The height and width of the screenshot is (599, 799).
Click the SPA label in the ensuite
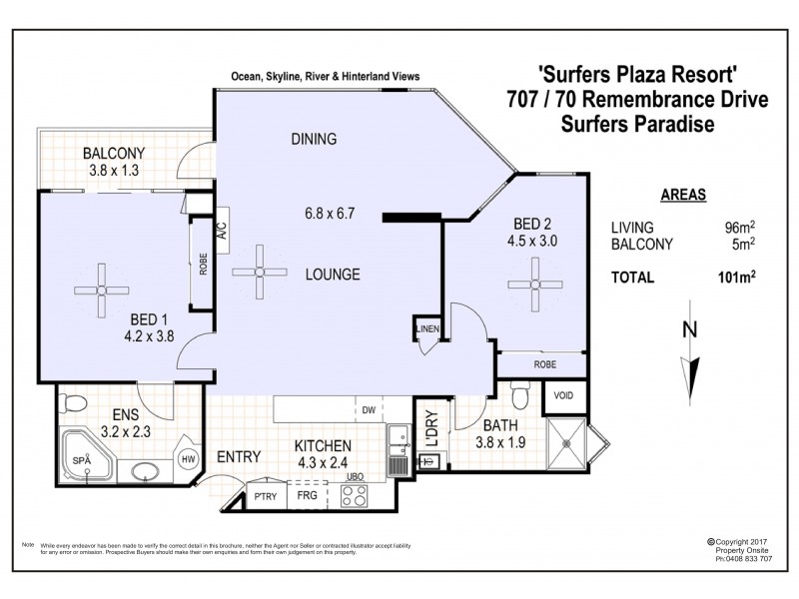tap(82, 459)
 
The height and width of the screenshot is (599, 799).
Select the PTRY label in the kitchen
tap(266, 494)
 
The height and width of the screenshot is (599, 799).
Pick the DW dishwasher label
tap(368, 408)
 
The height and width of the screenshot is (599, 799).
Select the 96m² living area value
tap(739, 228)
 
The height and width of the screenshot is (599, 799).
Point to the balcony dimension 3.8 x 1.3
tap(114, 170)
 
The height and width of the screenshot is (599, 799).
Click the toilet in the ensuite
tap(70, 404)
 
